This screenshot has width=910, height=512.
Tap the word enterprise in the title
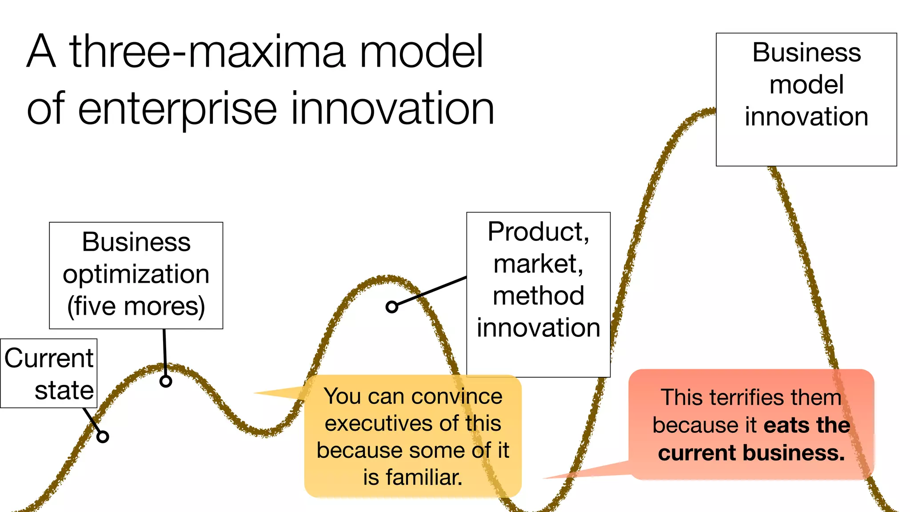[177, 109]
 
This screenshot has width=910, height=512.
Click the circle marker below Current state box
[103, 437]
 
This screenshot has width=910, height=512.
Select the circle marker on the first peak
[166, 381]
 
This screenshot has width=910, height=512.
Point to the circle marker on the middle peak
[391, 307]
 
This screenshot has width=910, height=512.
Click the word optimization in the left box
[136, 274]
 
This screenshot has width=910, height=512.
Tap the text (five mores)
[136, 306]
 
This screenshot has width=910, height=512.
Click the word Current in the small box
[49, 358]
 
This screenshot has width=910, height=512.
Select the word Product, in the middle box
[538, 232]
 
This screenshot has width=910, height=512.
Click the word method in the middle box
[538, 296]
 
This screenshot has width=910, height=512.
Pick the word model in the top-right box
[806, 84]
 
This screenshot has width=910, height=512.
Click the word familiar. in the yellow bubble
[413, 477]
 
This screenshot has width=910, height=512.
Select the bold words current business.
[751, 453]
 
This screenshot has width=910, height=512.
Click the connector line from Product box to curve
[431, 292]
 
